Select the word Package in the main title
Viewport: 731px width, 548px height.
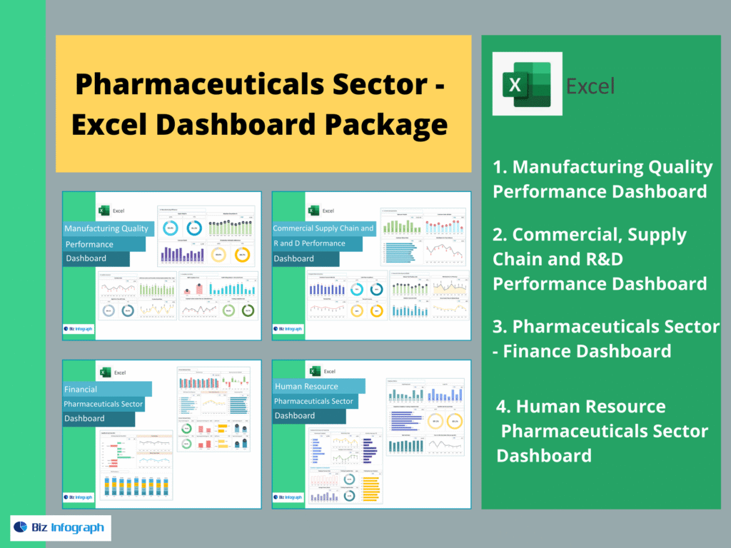click(387, 125)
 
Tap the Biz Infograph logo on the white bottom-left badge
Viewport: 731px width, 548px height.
click(60, 528)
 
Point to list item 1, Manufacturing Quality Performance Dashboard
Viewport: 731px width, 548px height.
click(603, 179)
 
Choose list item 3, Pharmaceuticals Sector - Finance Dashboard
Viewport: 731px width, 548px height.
click(605, 338)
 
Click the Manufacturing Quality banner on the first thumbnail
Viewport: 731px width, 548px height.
click(108, 228)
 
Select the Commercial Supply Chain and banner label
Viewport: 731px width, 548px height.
click(324, 228)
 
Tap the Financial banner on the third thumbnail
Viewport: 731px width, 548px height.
click(107, 390)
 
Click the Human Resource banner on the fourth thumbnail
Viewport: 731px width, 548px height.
click(318, 386)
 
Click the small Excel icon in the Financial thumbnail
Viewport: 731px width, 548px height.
click(105, 372)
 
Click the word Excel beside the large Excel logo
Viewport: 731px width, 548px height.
click(590, 86)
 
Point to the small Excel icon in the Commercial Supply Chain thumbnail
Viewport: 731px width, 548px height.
click(313, 210)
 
